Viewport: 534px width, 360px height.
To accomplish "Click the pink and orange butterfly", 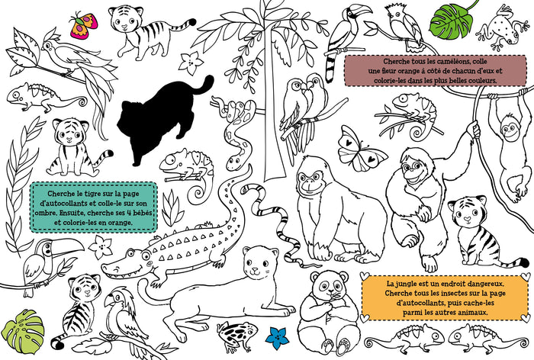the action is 84,25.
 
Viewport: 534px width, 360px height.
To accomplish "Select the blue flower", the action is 277,338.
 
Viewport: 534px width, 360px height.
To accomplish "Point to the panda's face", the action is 330,286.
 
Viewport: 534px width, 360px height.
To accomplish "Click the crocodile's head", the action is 127,264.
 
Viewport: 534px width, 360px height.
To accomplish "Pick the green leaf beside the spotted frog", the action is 452,21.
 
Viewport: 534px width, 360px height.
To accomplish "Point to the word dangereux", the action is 480,284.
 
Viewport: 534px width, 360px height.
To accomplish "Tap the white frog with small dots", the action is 503,28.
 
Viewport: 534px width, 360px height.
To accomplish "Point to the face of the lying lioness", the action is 258,263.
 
